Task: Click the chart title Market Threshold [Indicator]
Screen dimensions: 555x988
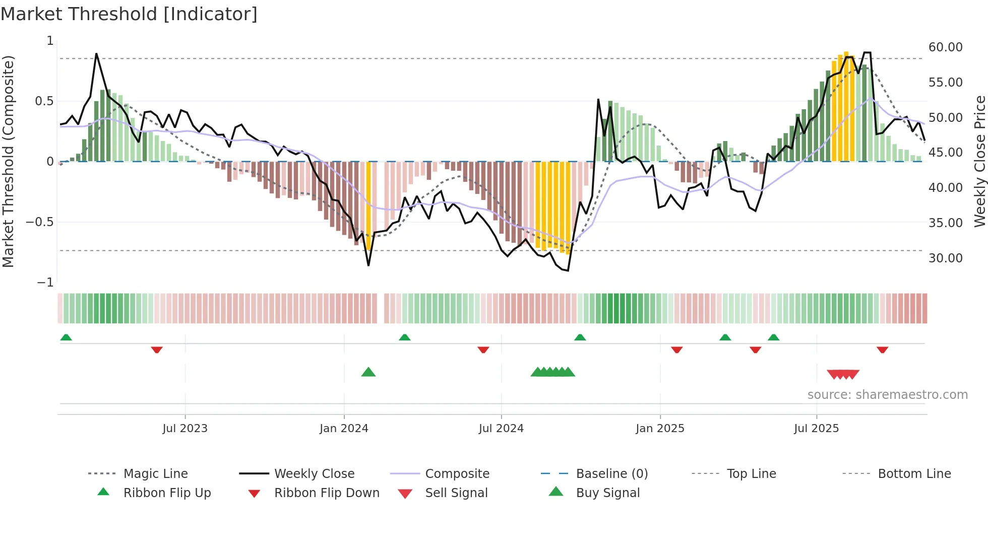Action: click(129, 14)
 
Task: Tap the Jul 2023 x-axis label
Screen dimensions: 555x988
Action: click(185, 429)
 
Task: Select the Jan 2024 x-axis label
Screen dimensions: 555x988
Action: click(344, 429)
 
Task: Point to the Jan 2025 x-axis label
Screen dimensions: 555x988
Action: click(660, 429)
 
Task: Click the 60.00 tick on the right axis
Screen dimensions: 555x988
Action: click(945, 47)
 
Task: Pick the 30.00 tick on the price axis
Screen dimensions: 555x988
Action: click(945, 258)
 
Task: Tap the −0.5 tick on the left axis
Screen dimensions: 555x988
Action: click(40, 222)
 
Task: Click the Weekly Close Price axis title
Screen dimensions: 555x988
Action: click(979, 161)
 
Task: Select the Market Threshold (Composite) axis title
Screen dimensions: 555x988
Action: click(8, 161)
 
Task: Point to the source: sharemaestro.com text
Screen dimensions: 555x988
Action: click(887, 395)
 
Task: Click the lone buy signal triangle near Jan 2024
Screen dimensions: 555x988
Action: click(368, 372)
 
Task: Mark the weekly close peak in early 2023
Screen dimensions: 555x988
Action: click(96, 54)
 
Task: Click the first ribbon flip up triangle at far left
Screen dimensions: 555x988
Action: click(66, 337)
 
